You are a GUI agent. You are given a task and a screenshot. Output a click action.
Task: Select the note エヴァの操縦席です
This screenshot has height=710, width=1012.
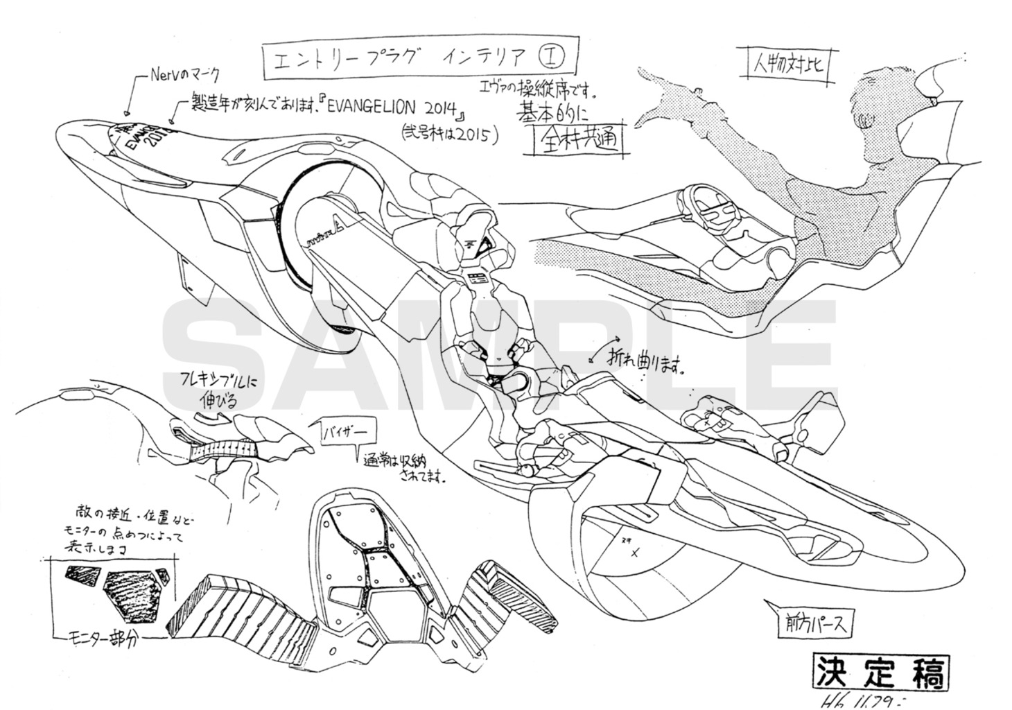(x=538, y=88)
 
